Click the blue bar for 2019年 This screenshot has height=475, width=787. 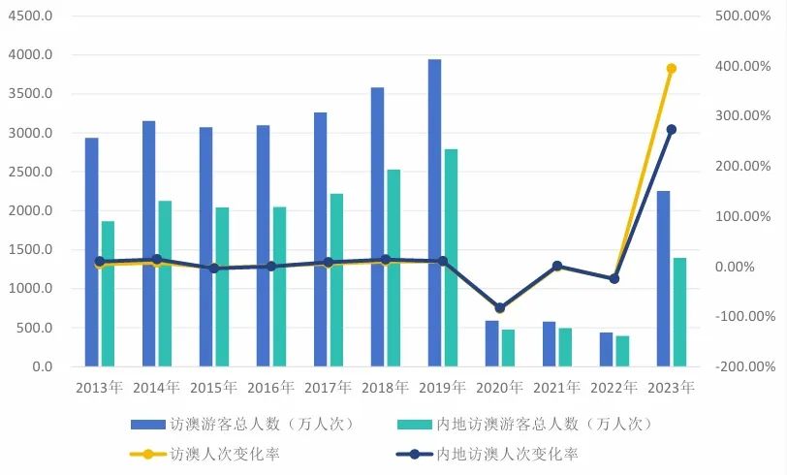point(434,213)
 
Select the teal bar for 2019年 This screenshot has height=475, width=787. point(451,258)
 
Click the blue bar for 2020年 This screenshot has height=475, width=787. point(491,343)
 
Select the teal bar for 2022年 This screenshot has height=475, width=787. point(622,351)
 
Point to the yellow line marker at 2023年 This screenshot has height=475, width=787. point(671,68)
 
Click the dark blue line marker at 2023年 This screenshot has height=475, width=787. point(671,129)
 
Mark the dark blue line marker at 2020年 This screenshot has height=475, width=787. point(499,308)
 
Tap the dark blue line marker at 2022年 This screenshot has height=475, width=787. point(614,278)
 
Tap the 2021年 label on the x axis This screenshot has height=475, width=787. point(556,388)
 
